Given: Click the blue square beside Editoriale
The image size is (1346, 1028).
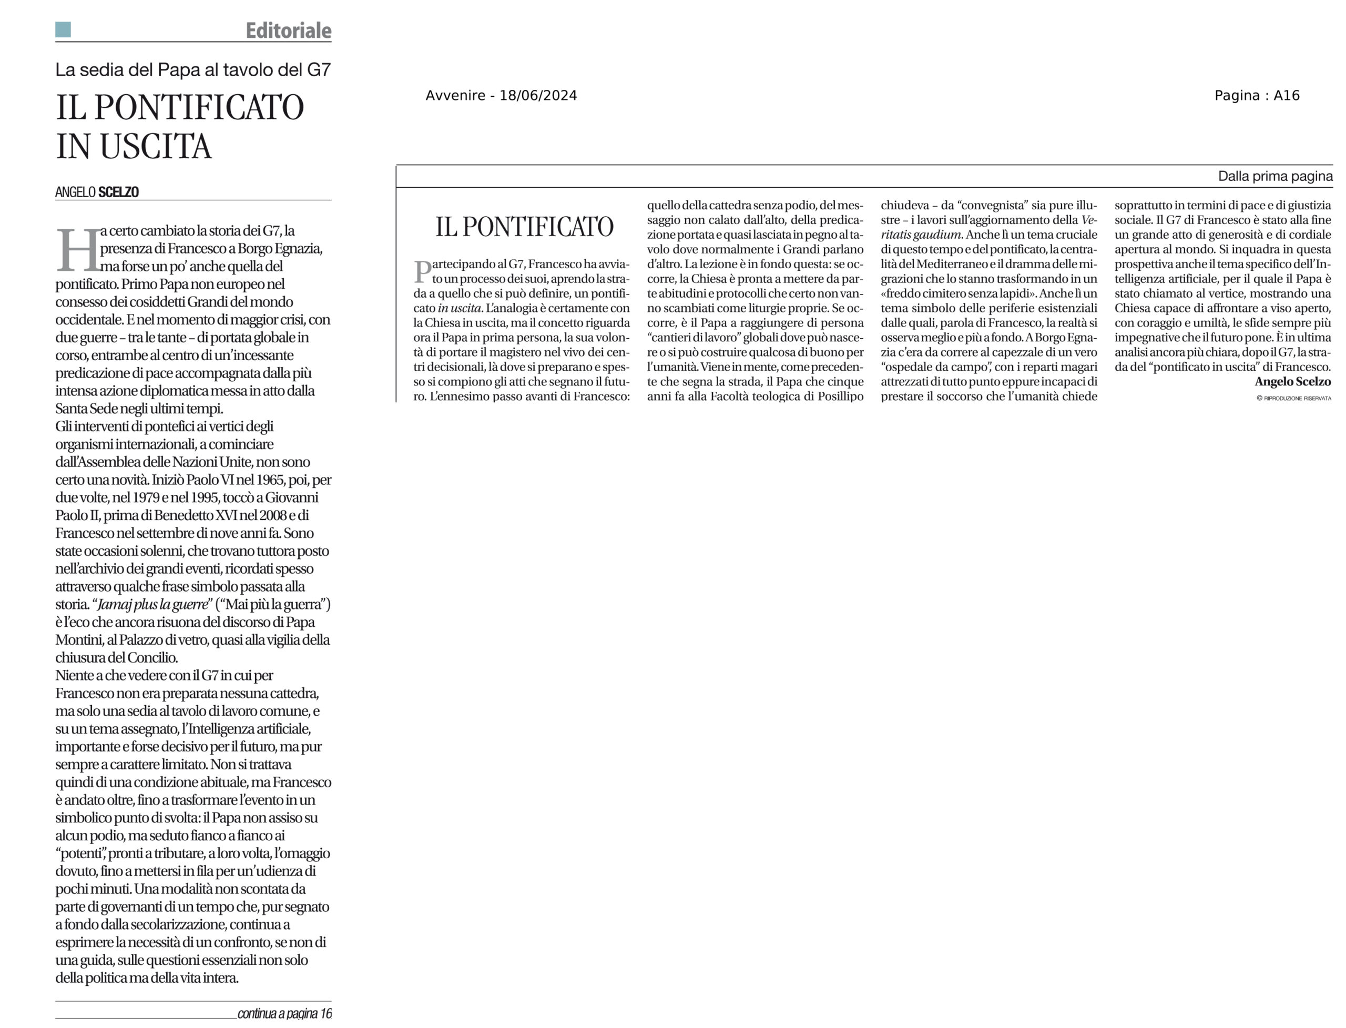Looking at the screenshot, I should (x=63, y=29).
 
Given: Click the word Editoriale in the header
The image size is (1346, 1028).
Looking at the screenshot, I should (x=288, y=30).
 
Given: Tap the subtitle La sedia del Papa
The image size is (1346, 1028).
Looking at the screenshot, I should (x=193, y=70).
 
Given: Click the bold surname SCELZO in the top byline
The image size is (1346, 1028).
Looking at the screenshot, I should (x=119, y=192).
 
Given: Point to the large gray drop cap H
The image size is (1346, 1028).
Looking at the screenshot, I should (x=78, y=250).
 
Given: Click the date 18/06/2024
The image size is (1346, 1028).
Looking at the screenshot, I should (x=538, y=96).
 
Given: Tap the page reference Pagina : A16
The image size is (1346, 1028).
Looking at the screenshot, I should (x=1257, y=96).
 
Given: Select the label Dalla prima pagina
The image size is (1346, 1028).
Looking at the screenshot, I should (x=1275, y=176).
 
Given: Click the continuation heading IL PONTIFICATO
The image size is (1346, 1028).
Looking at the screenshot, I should (x=524, y=227).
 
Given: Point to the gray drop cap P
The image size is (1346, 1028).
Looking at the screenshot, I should (x=422, y=271).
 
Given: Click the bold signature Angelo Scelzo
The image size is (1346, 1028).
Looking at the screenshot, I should (x=1292, y=382).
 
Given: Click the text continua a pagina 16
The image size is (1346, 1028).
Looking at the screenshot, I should (x=284, y=1013).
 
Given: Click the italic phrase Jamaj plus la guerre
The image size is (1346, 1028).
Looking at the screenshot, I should (x=152, y=605).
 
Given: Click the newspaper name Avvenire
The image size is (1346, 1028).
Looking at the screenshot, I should (x=455, y=96).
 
